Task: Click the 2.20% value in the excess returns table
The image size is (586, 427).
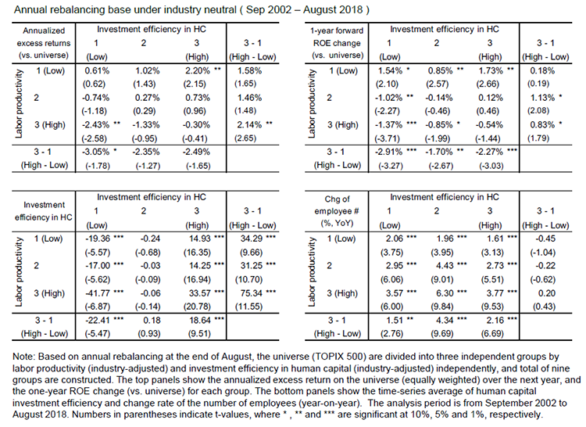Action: coord(198,70)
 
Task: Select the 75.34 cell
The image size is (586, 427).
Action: coord(249,293)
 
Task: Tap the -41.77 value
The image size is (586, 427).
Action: coord(98,293)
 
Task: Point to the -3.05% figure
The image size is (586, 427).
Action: coord(95,152)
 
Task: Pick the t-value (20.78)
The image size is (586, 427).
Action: coord(197,307)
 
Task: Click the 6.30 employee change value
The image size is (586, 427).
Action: coord(445,293)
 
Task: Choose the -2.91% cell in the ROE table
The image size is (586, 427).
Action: coord(388,152)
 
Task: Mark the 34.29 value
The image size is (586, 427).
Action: coord(249,239)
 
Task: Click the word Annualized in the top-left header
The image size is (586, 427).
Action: coord(44,30)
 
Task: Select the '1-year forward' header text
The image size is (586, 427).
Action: coord(337,30)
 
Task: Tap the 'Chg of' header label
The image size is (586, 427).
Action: coord(337,199)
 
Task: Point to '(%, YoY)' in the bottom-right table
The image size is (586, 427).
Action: coord(337,223)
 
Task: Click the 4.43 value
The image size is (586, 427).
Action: coord(445,266)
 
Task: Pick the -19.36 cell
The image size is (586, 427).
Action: coord(98,239)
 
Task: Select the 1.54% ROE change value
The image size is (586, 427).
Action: coord(390,70)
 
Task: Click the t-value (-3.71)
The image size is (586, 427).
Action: coord(388,138)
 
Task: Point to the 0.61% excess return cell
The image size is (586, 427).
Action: coord(97,70)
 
